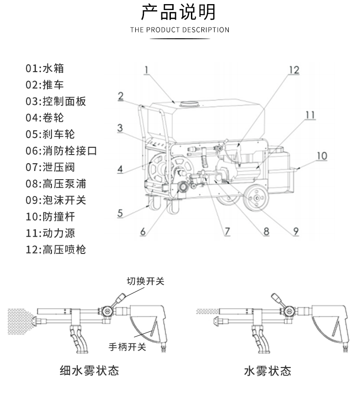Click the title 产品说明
click(x=180, y=12)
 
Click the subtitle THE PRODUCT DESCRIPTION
click(x=180, y=30)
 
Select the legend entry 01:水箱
click(x=45, y=69)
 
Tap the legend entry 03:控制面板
click(x=56, y=102)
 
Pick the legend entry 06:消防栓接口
click(x=61, y=151)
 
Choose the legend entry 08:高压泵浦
click(x=56, y=184)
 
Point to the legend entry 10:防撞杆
click(x=50, y=217)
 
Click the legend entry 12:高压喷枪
click(x=56, y=249)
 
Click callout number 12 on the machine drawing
click(x=294, y=70)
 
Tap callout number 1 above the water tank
click(x=147, y=70)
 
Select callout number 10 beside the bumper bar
click(x=322, y=156)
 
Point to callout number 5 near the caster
click(x=120, y=212)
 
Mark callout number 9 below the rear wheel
click(x=296, y=231)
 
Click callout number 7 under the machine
click(x=226, y=231)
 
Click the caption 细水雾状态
click(x=89, y=371)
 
